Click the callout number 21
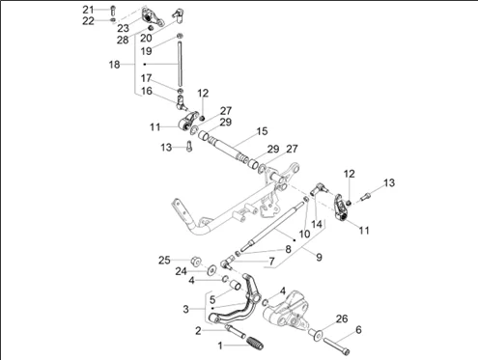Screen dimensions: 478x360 click(88, 10)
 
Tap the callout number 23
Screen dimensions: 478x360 click(123, 28)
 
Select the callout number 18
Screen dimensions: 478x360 click(114, 65)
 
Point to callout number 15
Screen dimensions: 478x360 click(262, 131)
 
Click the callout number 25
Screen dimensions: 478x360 click(164, 260)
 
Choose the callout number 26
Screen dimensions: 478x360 click(342, 318)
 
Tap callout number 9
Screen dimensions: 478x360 click(319, 257)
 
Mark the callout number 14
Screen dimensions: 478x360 click(317, 224)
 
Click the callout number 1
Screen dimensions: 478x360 click(220, 346)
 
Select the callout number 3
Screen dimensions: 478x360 click(185, 309)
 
